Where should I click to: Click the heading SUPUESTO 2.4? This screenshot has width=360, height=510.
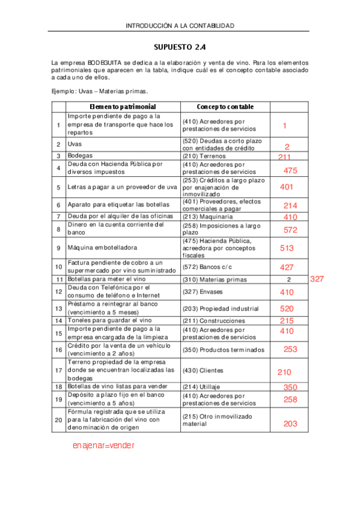(x=180, y=46)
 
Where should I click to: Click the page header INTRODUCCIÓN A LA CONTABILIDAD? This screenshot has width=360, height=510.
(x=180, y=26)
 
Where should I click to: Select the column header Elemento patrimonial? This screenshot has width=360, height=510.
(x=123, y=106)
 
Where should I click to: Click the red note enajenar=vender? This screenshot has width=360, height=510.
(x=103, y=446)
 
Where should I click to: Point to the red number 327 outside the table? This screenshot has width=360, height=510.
(x=318, y=279)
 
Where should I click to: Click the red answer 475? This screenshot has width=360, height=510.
(x=290, y=171)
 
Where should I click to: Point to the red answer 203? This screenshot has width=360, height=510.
(x=290, y=423)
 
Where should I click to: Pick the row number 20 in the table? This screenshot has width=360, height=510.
(x=58, y=419)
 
